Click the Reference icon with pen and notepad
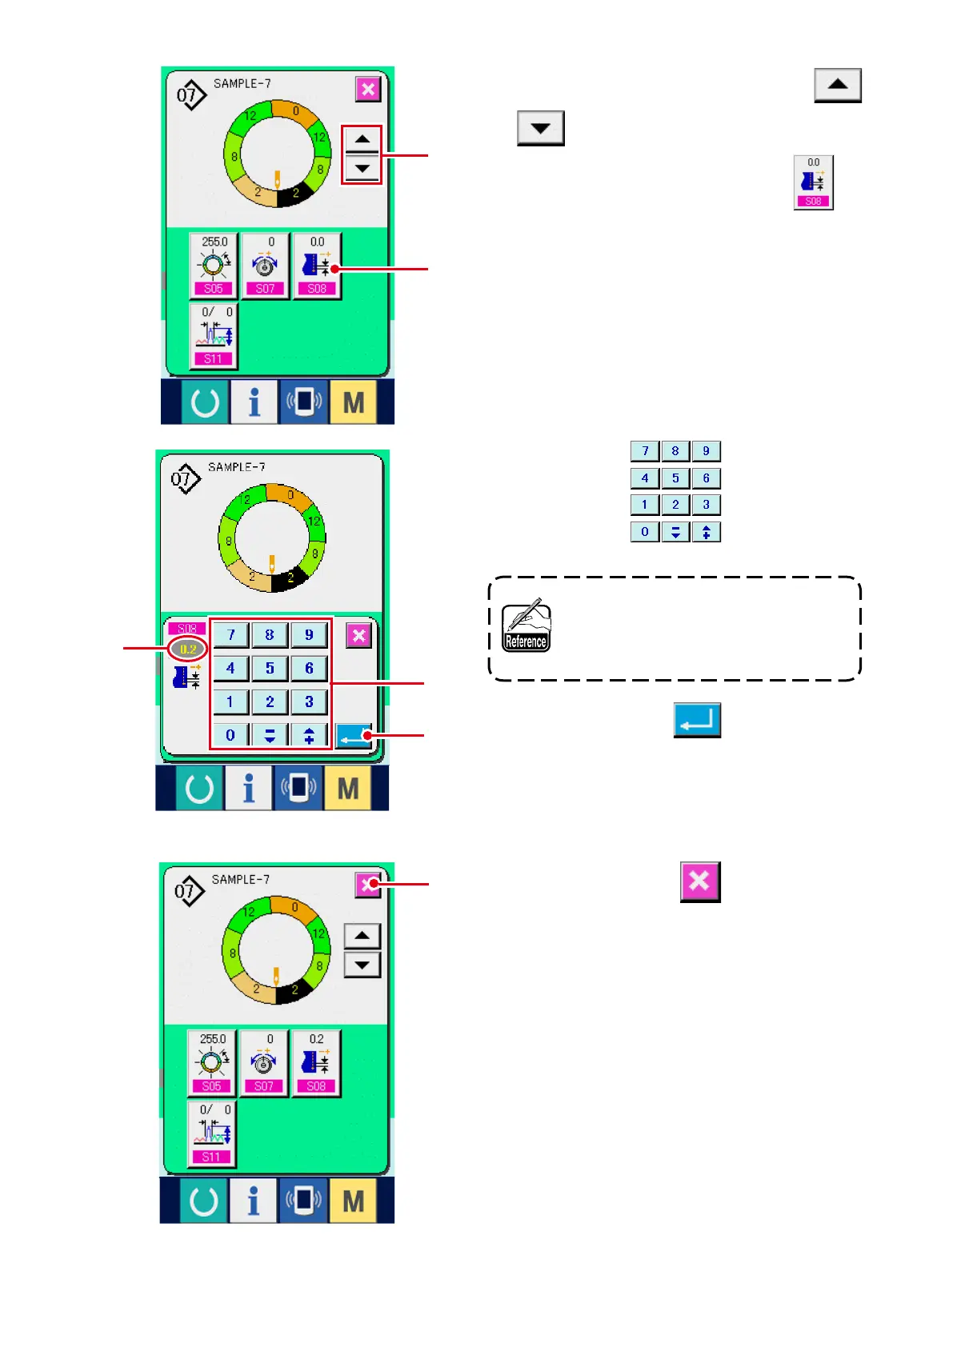526,626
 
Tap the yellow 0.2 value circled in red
188,649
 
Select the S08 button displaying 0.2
316,1062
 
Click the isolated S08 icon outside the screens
813,182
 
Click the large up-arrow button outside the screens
837,85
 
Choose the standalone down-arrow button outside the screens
540,128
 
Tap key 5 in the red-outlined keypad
270,668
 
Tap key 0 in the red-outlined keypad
230,735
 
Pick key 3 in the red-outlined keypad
309,701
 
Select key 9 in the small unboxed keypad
706,451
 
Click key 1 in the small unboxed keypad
644,505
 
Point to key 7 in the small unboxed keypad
644,451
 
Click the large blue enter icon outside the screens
697,720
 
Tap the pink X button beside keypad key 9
358,636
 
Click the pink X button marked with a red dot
367,884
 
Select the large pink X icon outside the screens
700,881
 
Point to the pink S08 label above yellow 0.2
187,629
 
